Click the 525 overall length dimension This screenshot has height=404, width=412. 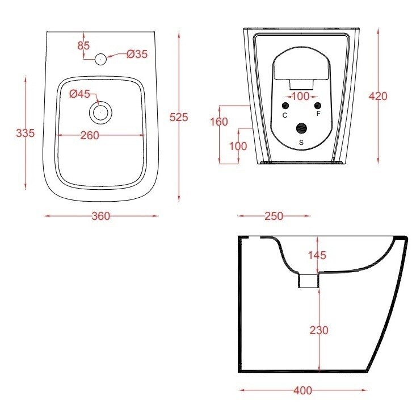(179, 117)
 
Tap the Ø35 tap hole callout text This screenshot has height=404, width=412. (137, 54)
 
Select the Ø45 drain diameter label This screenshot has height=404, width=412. (80, 94)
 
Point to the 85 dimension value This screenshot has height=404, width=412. (83, 45)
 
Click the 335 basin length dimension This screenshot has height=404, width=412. (25, 133)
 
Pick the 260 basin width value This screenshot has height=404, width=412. (90, 135)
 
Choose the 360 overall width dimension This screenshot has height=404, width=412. (101, 216)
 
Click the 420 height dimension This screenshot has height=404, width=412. (378, 96)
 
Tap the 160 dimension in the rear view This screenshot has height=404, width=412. (219, 122)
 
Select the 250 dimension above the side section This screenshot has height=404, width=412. (274, 216)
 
